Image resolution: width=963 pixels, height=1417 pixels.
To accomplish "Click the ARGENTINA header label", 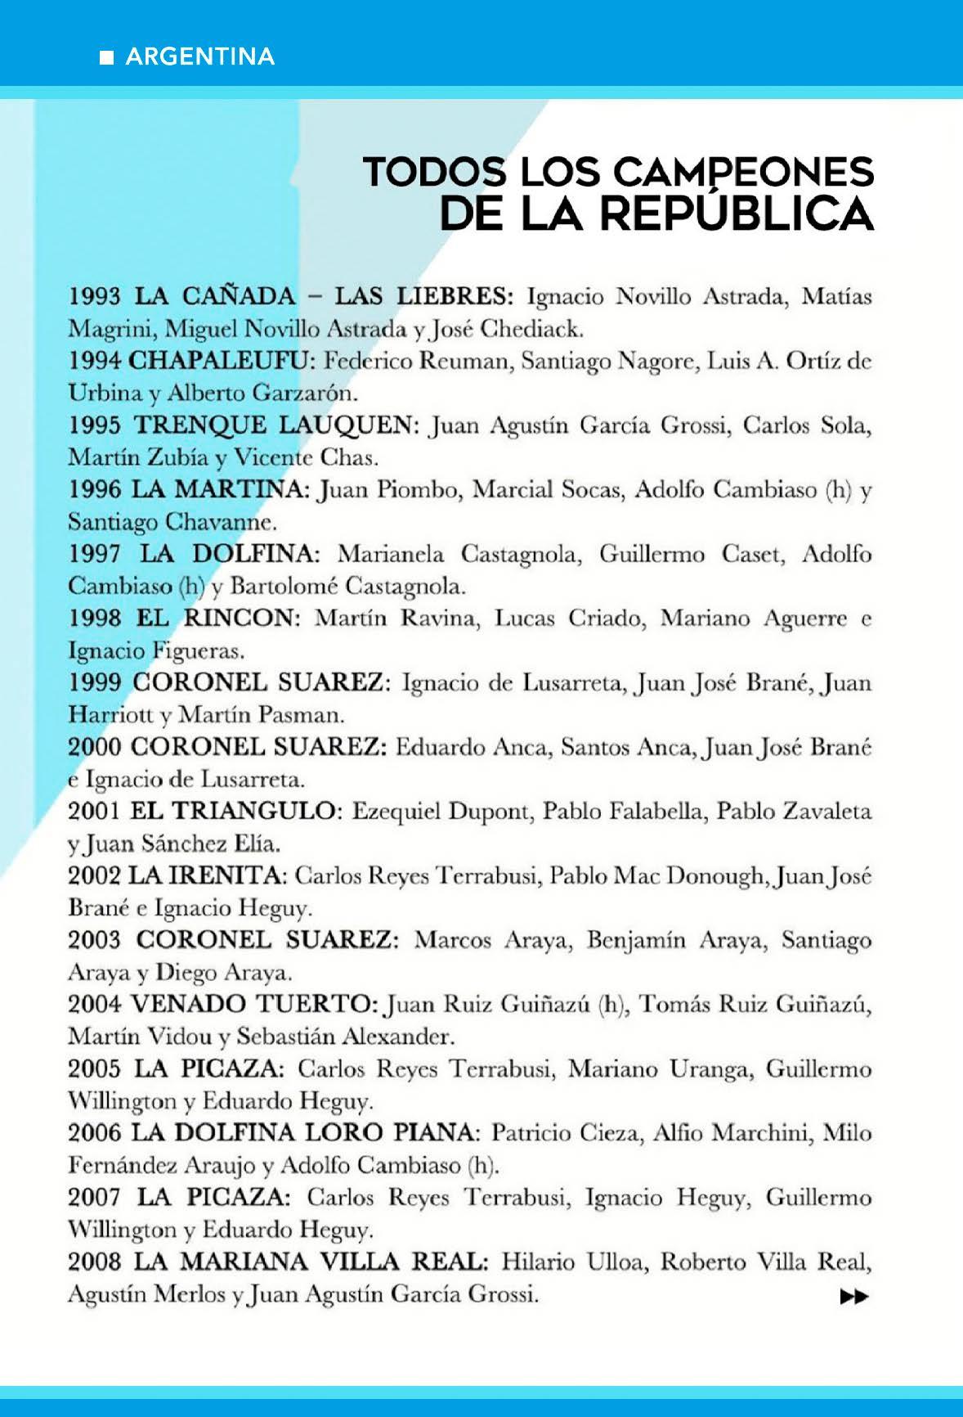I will point(200,56).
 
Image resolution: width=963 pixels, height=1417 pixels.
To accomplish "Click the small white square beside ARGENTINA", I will point(106,57).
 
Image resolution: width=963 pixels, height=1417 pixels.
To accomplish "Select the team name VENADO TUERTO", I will point(253,1005).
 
